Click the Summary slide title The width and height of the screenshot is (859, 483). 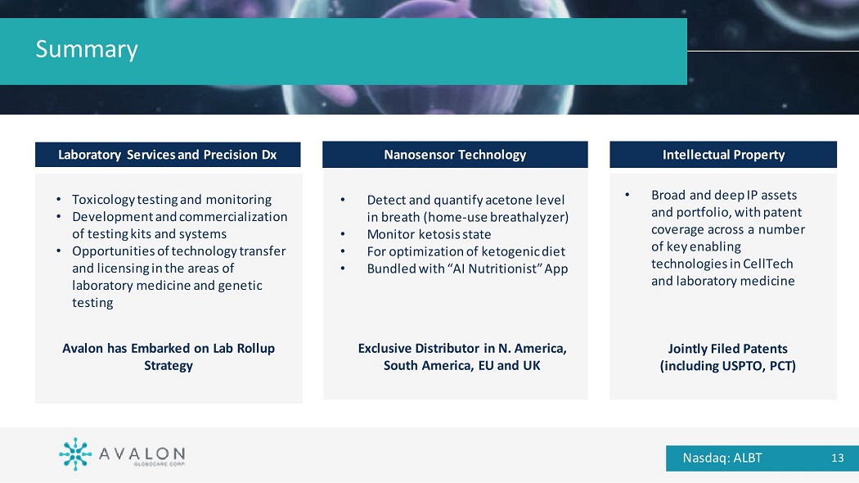click(x=87, y=49)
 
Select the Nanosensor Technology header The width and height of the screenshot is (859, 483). click(x=455, y=155)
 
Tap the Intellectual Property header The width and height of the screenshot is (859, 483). click(x=723, y=155)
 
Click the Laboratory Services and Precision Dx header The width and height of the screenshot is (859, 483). click(x=168, y=155)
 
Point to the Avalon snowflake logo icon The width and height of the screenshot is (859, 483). click(x=75, y=454)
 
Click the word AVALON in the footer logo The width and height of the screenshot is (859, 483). click(x=142, y=454)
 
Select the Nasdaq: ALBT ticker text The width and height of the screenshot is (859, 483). click(x=722, y=458)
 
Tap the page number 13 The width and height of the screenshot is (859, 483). click(x=837, y=458)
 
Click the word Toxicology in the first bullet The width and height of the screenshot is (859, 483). click(x=103, y=200)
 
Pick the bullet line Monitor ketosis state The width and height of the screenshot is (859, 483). click(x=429, y=235)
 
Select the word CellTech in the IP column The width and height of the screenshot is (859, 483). click(x=768, y=264)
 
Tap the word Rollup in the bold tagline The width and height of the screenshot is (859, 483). click(x=255, y=349)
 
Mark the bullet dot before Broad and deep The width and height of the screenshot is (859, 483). click(x=627, y=195)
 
